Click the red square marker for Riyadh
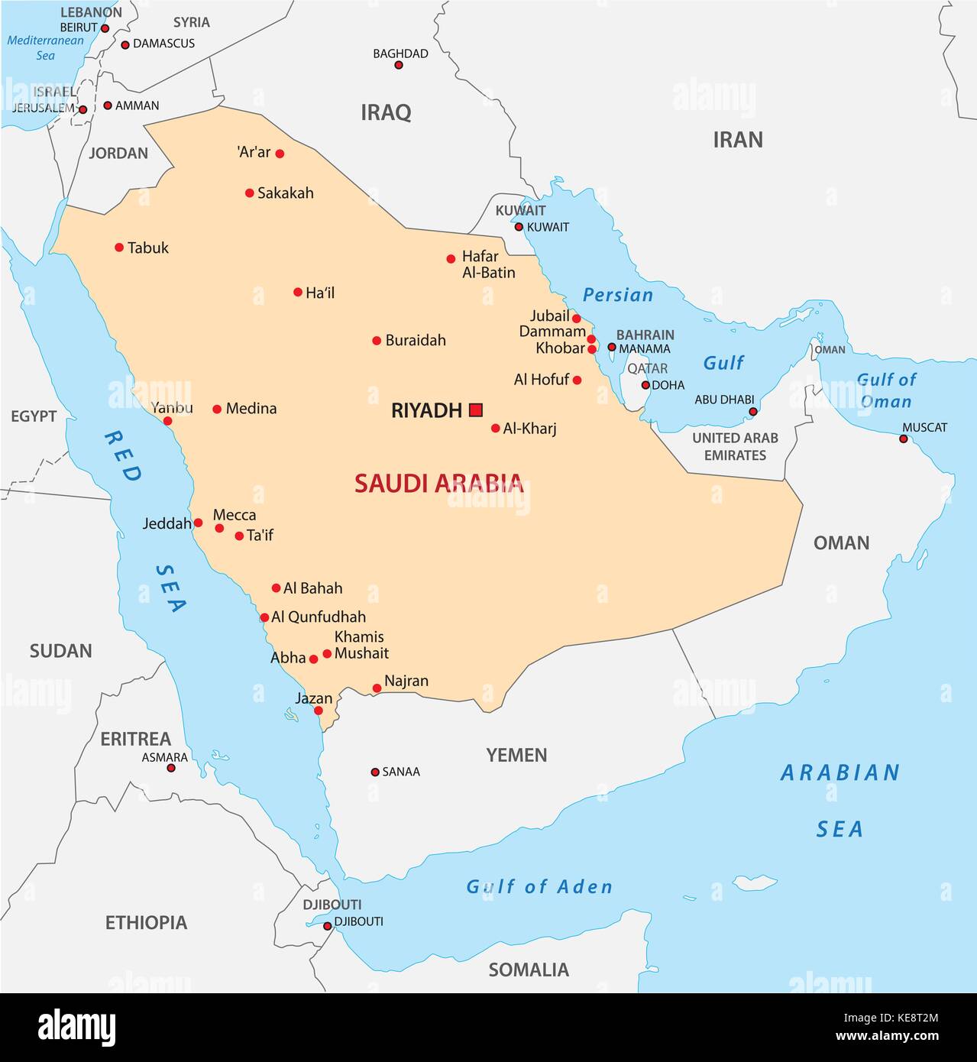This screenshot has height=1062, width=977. (x=476, y=410)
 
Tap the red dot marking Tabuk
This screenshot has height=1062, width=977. (x=119, y=248)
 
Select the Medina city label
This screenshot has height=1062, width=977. (x=251, y=409)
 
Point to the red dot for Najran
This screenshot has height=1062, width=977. (x=377, y=688)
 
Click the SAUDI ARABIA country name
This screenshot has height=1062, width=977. (x=438, y=483)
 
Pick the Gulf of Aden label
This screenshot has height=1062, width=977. (x=539, y=886)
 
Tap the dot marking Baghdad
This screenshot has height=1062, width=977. (x=398, y=65)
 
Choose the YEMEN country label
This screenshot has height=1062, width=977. (x=516, y=755)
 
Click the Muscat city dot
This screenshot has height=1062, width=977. (x=904, y=439)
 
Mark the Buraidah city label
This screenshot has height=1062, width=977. (x=415, y=341)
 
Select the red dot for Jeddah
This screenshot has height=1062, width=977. (x=198, y=523)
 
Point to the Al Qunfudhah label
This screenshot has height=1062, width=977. (x=319, y=617)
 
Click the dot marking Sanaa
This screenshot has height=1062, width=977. (x=375, y=772)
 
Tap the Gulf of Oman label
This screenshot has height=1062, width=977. (x=886, y=390)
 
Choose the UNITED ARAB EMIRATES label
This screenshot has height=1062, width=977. (x=735, y=446)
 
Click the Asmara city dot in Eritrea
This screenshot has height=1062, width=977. (x=171, y=768)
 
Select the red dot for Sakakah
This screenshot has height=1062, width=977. (x=249, y=193)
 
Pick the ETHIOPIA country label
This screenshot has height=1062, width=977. (x=146, y=922)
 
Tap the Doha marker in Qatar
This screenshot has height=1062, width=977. (x=645, y=385)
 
